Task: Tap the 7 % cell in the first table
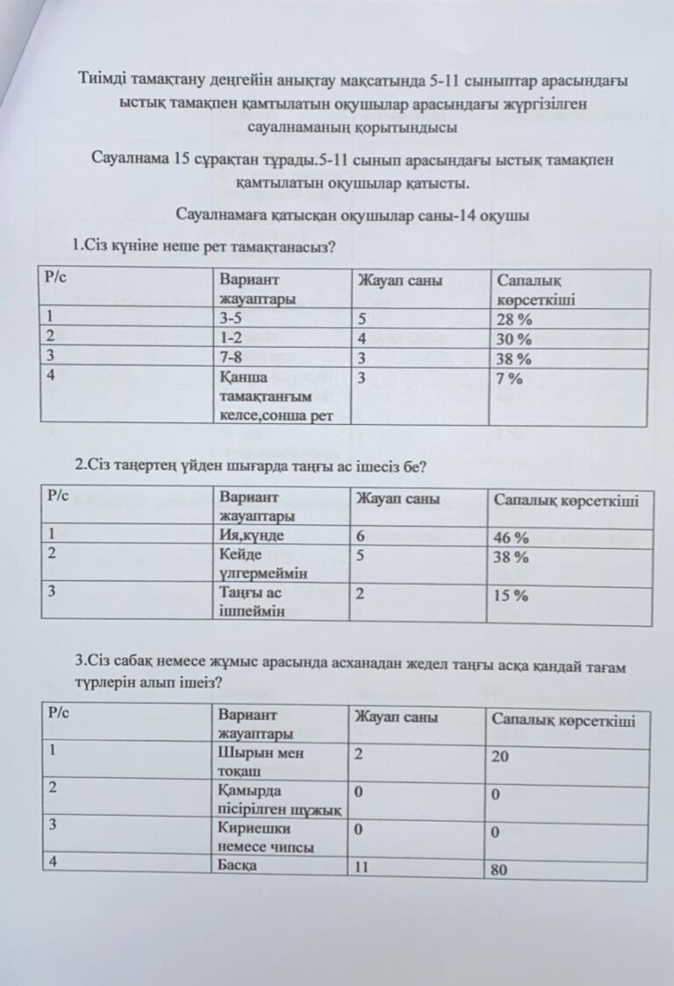(x=509, y=379)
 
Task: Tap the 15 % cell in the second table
(x=510, y=596)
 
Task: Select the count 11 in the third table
(x=359, y=867)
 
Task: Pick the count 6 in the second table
(x=360, y=536)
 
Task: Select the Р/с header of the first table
(x=57, y=277)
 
